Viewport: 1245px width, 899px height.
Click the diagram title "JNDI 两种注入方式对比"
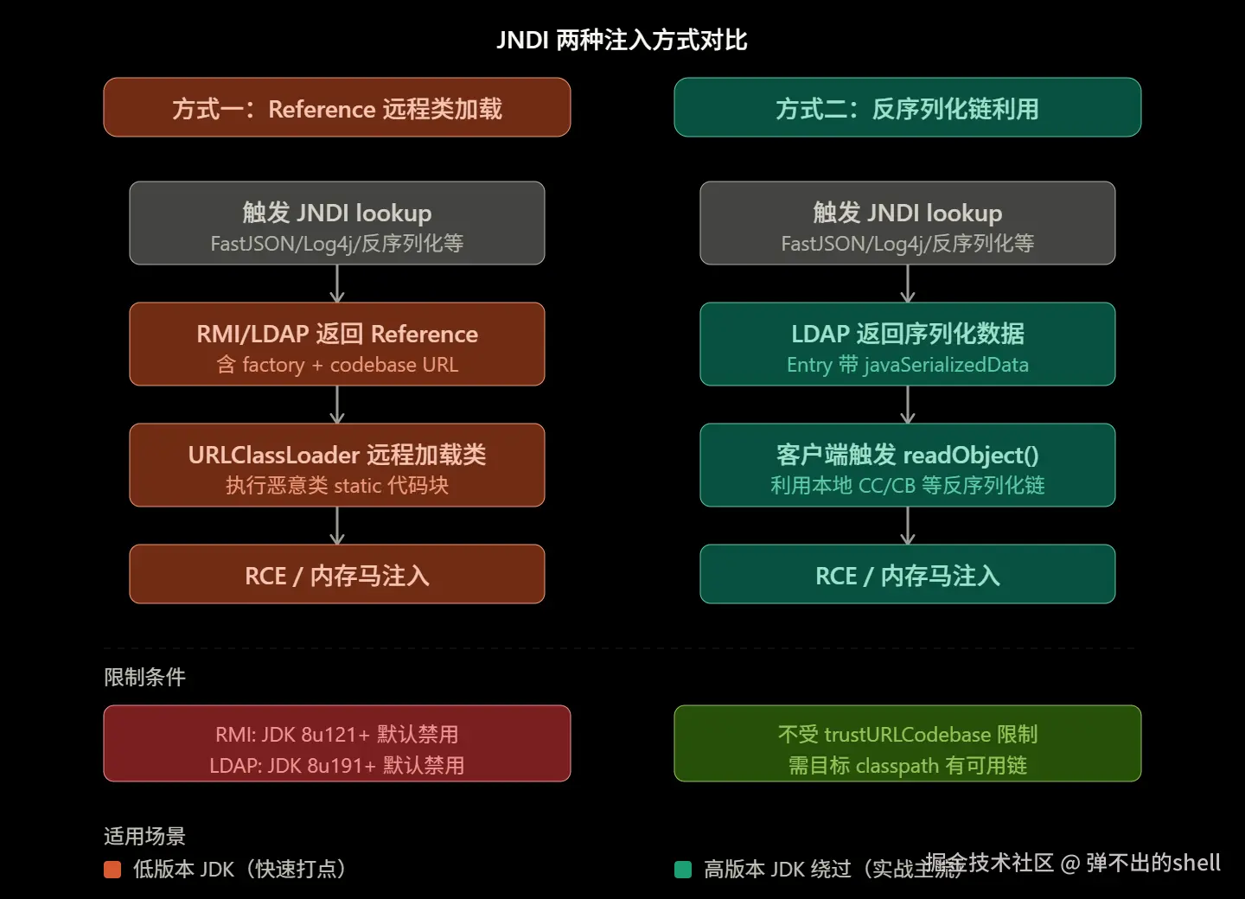(x=622, y=40)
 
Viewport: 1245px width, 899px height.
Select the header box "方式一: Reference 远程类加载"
(x=337, y=108)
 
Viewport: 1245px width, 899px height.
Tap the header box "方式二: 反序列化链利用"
(x=907, y=108)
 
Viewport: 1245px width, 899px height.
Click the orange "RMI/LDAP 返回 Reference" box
(x=337, y=344)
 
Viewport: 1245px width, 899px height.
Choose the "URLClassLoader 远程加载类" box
(x=337, y=465)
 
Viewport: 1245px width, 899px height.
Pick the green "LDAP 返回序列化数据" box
(x=907, y=344)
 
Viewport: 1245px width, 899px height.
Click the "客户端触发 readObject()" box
(x=907, y=465)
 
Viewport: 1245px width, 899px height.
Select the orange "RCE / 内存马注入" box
(x=337, y=575)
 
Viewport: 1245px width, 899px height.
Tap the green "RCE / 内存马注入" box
(x=907, y=575)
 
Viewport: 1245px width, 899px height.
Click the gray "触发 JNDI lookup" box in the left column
(x=337, y=223)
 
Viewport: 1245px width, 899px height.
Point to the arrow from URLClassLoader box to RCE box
(x=337, y=526)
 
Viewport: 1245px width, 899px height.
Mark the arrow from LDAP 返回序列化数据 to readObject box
(x=907, y=405)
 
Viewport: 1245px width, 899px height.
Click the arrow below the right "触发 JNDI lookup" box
(x=907, y=284)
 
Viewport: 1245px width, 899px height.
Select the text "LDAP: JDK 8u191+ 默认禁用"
(x=337, y=765)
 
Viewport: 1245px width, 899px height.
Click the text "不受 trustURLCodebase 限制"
(x=907, y=734)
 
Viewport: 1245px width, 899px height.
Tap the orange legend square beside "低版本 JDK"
(x=112, y=869)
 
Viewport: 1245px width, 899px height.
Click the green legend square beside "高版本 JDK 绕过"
(x=683, y=869)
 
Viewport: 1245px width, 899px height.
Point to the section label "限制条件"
(x=144, y=677)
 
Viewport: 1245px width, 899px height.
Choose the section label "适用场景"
(x=144, y=836)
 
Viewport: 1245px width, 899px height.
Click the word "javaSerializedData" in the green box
(x=946, y=365)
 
